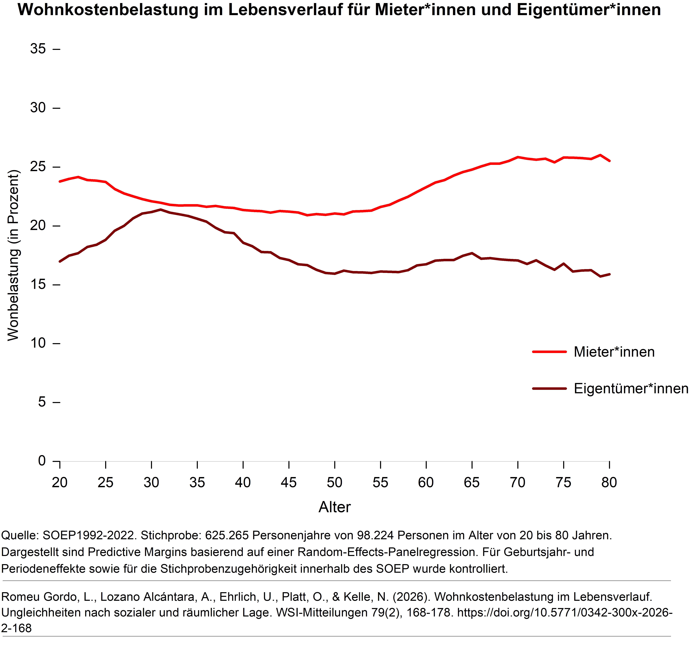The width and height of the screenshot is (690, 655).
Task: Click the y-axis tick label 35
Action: tap(38, 49)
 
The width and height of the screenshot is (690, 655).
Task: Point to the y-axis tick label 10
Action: tap(38, 343)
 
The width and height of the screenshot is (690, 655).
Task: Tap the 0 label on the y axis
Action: tap(42, 461)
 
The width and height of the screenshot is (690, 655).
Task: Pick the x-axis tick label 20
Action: tap(60, 483)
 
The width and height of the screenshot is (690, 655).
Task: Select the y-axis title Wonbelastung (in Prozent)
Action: tap(13, 255)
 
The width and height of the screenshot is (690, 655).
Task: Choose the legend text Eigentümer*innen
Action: tap(631, 388)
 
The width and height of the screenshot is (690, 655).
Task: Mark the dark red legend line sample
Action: tap(549, 388)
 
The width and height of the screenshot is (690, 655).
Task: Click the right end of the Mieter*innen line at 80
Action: tap(609, 161)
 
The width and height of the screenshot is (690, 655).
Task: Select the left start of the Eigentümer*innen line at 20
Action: tap(60, 261)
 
